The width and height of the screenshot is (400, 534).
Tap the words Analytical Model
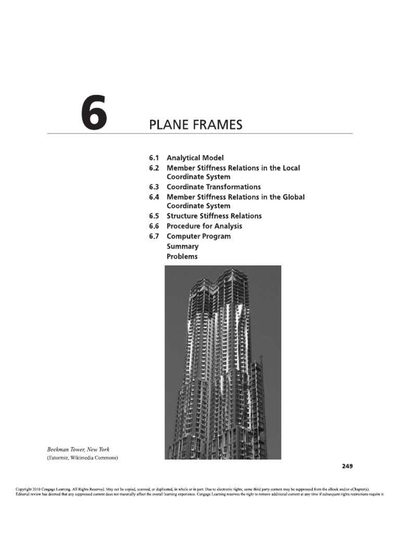(195, 157)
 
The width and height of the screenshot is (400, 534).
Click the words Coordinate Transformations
(214, 187)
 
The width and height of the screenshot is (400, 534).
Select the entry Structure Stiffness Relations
(214, 216)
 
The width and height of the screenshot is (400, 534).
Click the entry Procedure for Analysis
(204, 226)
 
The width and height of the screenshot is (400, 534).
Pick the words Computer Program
(198, 236)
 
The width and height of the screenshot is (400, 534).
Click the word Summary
(182, 246)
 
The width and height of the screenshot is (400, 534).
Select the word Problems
(182, 257)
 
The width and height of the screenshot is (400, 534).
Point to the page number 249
(347, 466)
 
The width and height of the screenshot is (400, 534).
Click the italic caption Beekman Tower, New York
(78, 449)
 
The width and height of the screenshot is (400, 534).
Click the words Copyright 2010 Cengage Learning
(43, 490)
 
